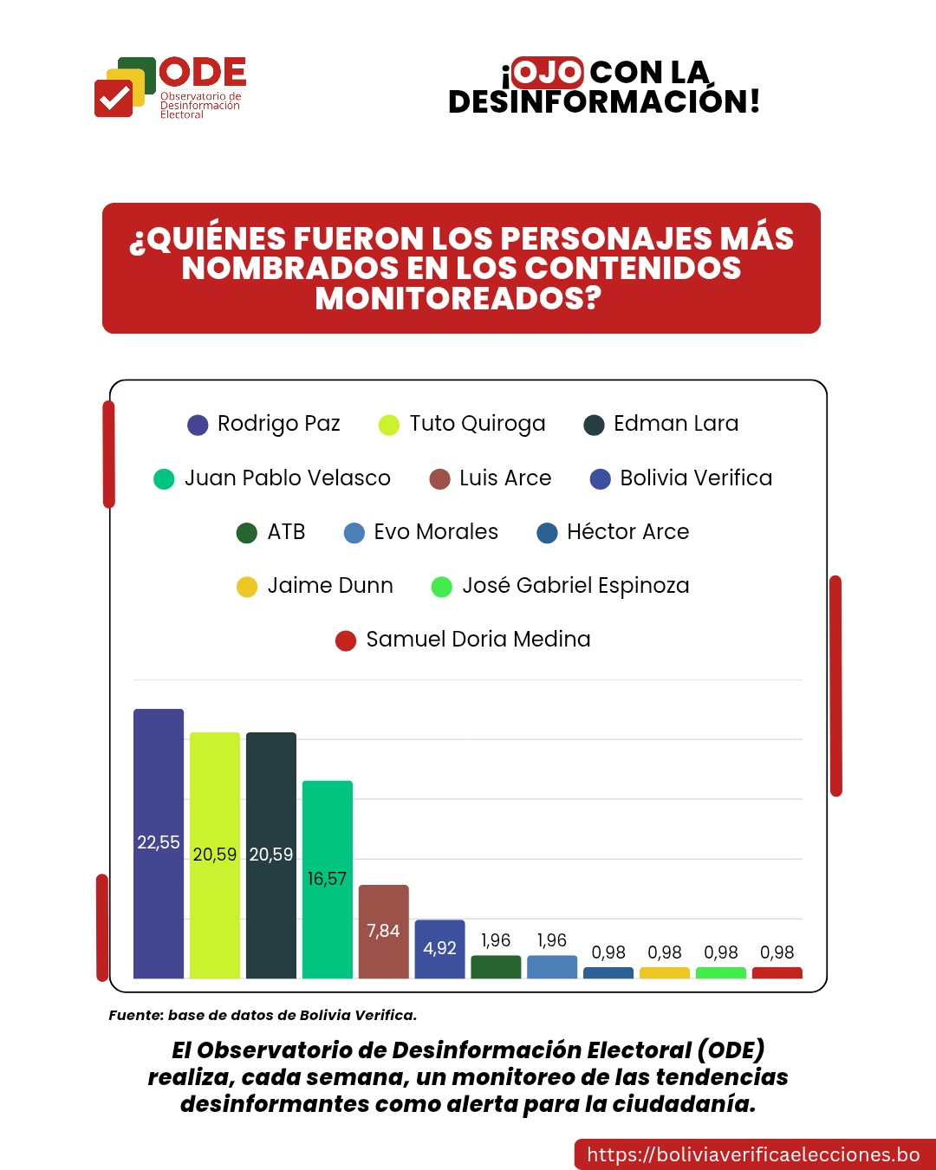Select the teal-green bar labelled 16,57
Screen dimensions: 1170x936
[327, 879]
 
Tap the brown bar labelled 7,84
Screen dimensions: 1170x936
[383, 931]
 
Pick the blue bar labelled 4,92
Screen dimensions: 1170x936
[439, 948]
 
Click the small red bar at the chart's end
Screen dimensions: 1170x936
[777, 972]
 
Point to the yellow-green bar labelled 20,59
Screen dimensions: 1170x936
[215, 855]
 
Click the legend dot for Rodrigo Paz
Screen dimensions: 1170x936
[198, 425]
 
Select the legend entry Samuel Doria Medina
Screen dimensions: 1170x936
[478, 640]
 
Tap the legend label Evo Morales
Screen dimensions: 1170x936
[435, 532]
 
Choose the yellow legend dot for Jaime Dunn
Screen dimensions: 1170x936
[247, 587]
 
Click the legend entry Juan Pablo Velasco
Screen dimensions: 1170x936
[287, 478]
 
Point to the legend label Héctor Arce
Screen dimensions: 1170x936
[627, 532]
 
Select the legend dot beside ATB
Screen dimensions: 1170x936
[247, 533]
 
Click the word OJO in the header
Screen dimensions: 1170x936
[547, 72]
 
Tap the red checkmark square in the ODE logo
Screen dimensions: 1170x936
[113, 98]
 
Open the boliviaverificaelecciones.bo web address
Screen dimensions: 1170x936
[753, 1154]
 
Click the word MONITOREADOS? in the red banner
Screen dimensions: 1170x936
[458, 299]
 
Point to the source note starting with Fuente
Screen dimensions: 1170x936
[263, 1015]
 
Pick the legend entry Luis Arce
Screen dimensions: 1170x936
[504, 478]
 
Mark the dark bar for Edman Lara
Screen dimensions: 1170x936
[271, 855]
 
